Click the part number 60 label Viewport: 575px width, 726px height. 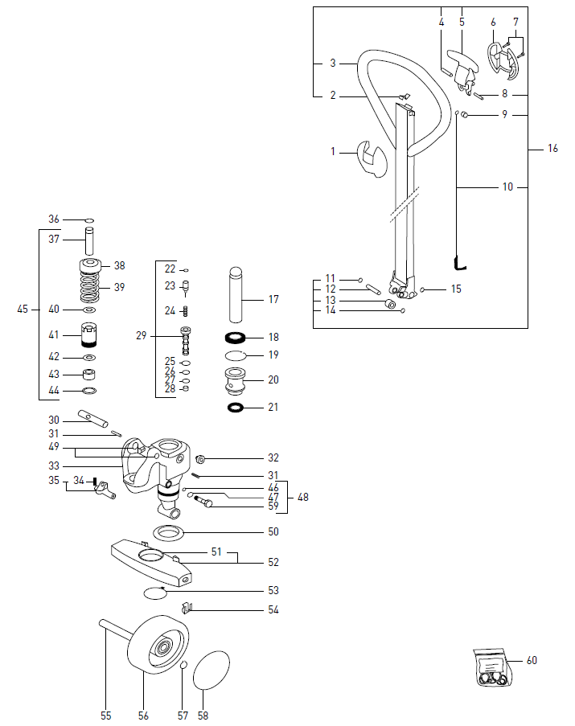[532, 661]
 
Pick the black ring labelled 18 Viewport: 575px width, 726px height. [236, 338]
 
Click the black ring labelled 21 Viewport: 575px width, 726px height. [236, 408]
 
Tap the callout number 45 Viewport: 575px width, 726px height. [23, 309]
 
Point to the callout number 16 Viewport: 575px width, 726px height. [552, 149]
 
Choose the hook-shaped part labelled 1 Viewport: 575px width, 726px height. [370, 158]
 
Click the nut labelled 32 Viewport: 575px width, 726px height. [201, 459]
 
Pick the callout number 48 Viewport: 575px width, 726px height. [302, 497]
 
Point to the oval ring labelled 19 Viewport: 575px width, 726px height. [236, 355]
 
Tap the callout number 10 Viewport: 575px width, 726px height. [507, 187]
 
